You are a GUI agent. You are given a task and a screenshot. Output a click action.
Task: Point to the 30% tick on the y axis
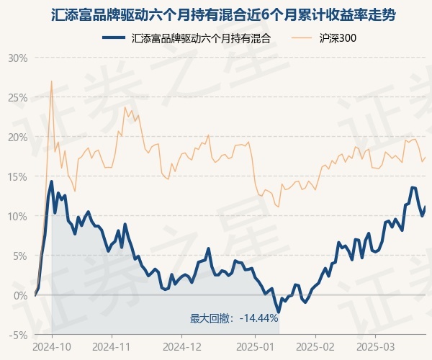[x=17, y=58]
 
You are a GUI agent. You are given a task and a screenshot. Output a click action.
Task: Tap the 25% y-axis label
[x=17, y=97]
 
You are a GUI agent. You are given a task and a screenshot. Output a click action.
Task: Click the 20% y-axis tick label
[x=17, y=137]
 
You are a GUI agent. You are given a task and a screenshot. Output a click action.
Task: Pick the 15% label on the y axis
[x=17, y=176]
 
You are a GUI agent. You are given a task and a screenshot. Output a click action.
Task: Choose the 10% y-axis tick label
[x=17, y=216]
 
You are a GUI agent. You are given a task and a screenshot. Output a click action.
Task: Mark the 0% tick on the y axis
[x=20, y=295]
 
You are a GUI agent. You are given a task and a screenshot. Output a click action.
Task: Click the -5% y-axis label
[x=19, y=335]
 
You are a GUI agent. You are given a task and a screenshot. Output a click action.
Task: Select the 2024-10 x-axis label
[x=53, y=346]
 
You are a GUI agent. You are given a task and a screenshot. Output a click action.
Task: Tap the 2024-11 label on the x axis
[x=117, y=346]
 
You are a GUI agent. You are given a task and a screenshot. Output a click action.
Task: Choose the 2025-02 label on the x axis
[x=316, y=346]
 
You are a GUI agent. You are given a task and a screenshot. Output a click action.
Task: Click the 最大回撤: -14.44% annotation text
[x=234, y=318]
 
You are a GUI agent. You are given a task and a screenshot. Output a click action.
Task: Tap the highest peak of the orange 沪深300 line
[x=51, y=81]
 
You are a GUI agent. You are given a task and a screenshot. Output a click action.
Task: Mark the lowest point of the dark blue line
[x=277, y=312]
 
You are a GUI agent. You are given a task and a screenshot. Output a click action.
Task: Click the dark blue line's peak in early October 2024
[x=51, y=181]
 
